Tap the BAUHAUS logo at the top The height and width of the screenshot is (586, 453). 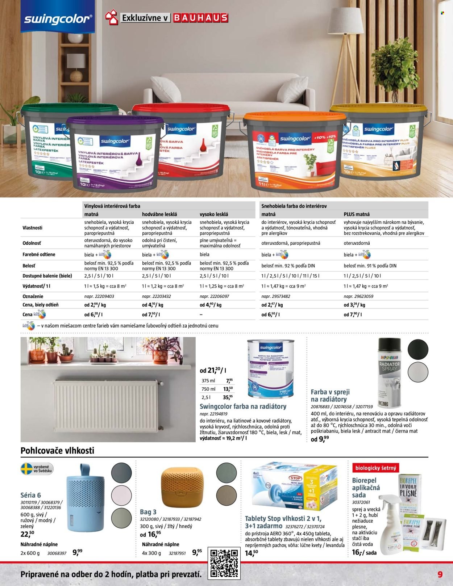(200, 18)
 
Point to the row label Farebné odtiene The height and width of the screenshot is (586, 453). (39, 254)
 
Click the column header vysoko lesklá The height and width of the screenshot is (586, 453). (214, 214)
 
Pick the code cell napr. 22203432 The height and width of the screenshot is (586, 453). (156, 296)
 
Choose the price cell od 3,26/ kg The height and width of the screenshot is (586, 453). (354, 305)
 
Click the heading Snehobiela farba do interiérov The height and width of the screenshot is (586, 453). (294, 206)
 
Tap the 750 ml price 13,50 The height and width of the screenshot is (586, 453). (228, 389)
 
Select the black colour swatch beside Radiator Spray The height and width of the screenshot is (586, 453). (418, 350)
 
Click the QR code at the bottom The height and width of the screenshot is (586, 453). (224, 562)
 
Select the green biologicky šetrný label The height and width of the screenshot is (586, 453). (375, 468)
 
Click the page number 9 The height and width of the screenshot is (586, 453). (440, 574)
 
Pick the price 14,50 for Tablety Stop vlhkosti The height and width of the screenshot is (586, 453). (251, 553)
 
